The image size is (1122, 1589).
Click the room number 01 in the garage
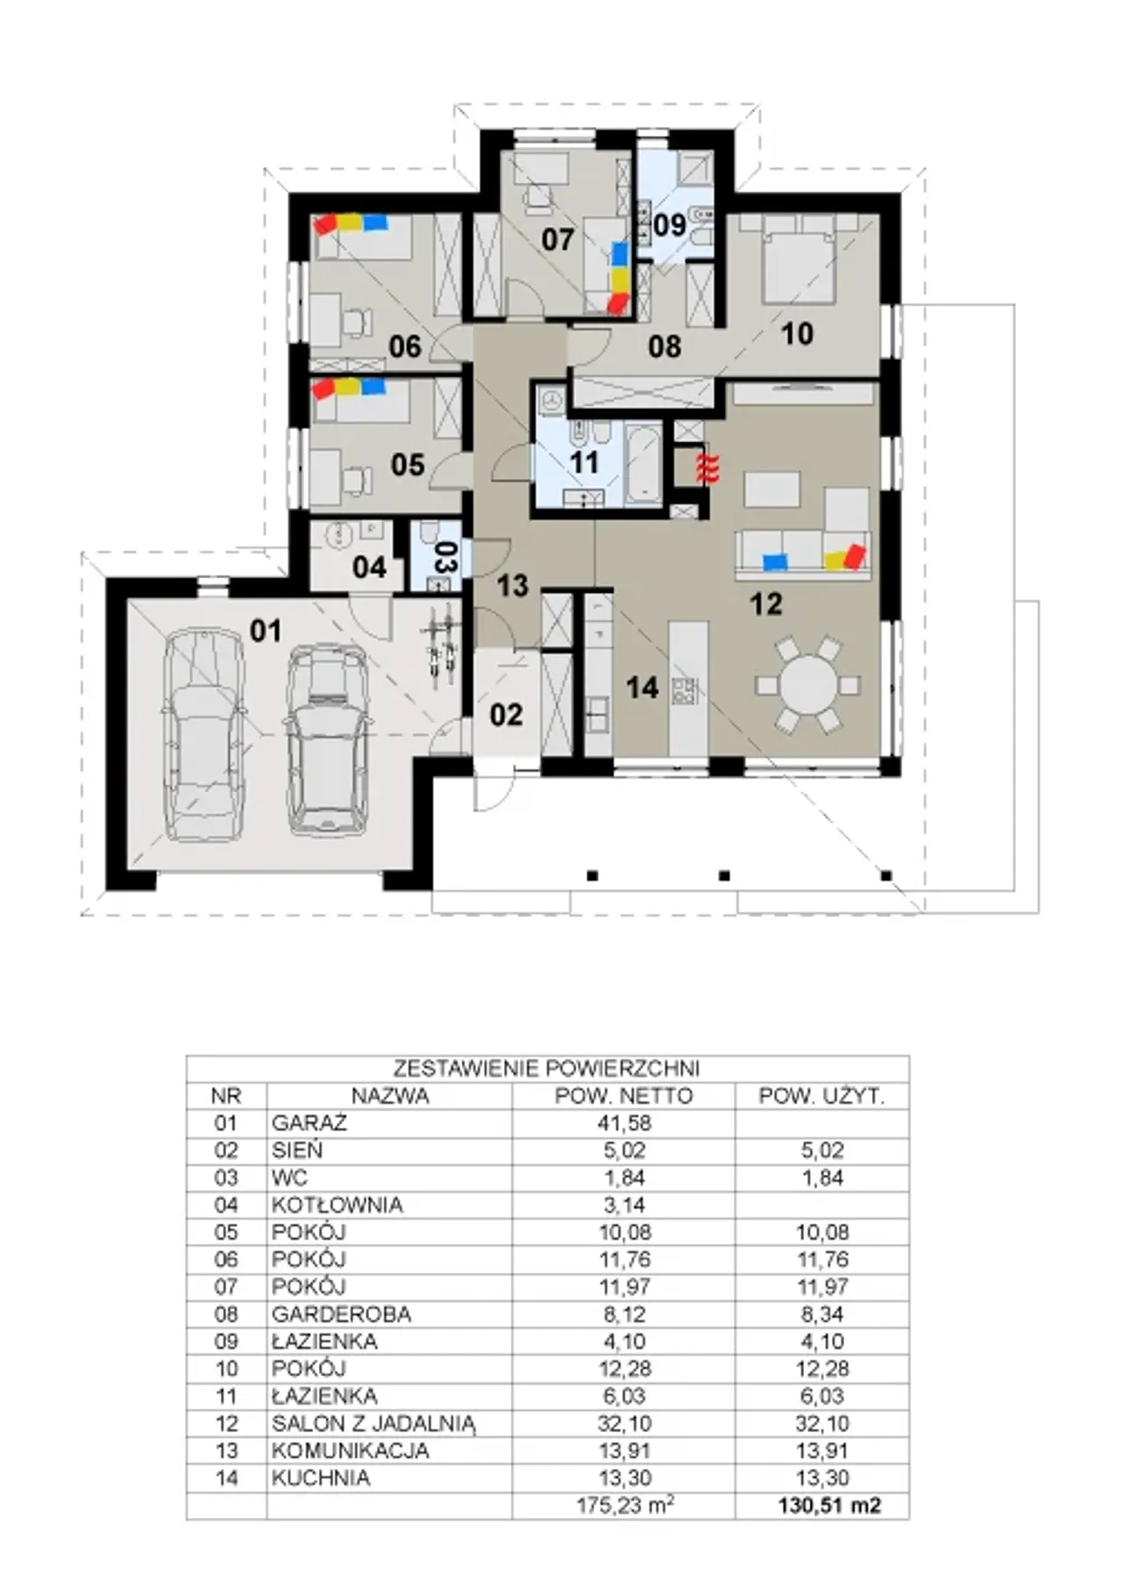tap(266, 630)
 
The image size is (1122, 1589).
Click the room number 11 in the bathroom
tap(584, 462)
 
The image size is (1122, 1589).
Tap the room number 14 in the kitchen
tap(643, 688)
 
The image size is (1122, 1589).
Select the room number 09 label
tap(671, 224)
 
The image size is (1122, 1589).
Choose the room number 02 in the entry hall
tap(506, 715)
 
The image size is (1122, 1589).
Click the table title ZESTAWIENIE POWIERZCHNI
tap(546, 1069)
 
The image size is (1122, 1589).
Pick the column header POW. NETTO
tap(623, 1096)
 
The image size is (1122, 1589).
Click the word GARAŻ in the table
tap(297, 1123)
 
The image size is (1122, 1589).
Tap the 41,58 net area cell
tap(624, 1123)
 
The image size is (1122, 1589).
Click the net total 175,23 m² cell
tap(625, 1506)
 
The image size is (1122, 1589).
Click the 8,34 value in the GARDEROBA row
tap(822, 1314)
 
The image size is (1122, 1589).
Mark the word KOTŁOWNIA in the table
tap(337, 1205)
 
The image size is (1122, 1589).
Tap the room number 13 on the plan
tap(513, 585)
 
